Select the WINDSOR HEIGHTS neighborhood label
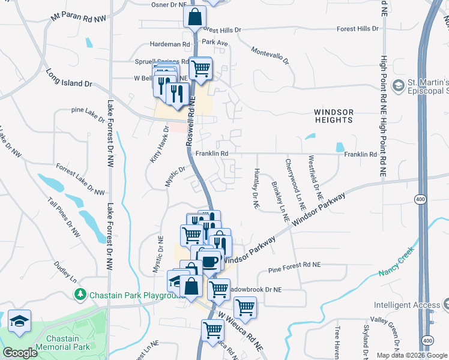coord(333,116)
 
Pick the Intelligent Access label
coord(407,305)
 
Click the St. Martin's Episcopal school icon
coord(397,86)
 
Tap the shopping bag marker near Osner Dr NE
coord(195,18)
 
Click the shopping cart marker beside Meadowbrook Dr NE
coord(218,289)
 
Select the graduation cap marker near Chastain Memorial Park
coord(19,321)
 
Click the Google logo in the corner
coord(20,353)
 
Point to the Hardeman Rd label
coord(169,44)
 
